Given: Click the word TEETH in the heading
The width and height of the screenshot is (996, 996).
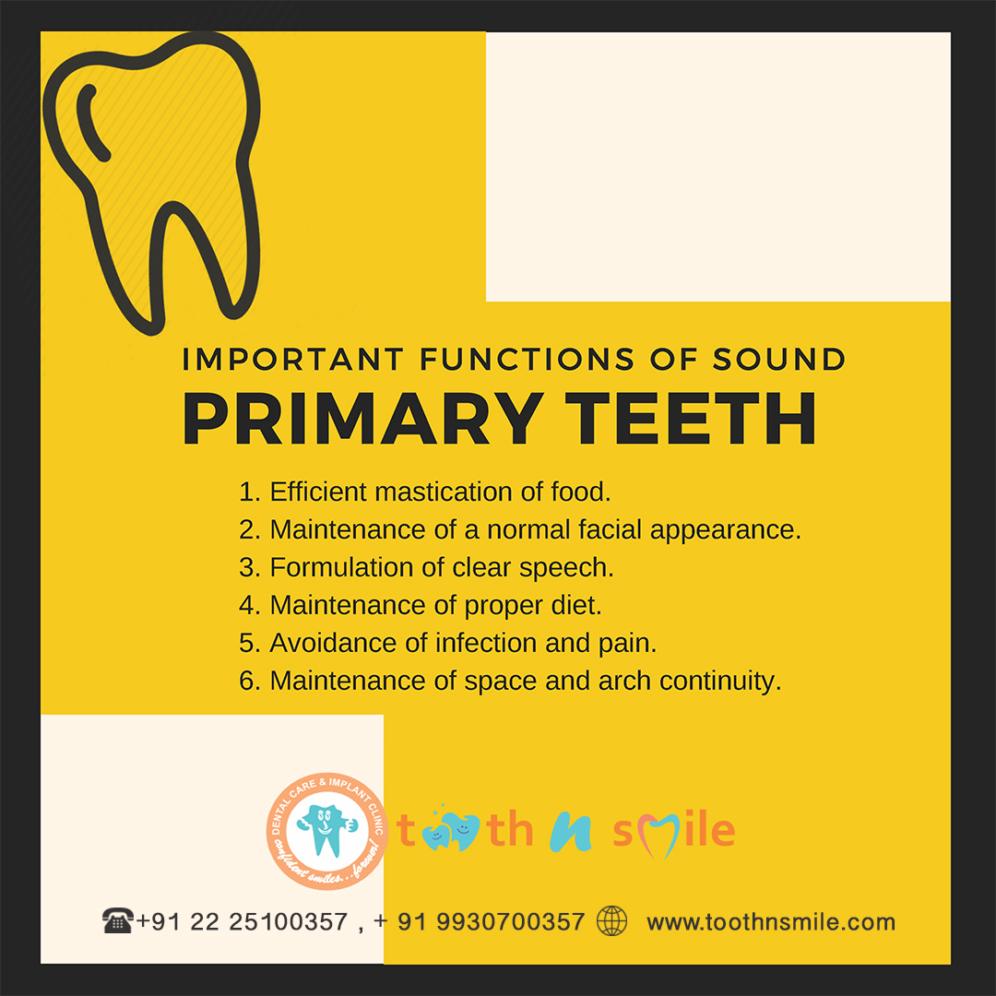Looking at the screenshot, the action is (x=690, y=419).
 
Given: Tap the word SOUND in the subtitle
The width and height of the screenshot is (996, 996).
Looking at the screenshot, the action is (x=778, y=359).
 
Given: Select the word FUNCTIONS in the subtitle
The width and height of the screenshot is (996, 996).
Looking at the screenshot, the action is (x=527, y=359).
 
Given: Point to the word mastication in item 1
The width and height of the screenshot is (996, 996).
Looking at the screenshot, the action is (x=444, y=492).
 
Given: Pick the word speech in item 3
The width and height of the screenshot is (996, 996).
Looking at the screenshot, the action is (x=566, y=568).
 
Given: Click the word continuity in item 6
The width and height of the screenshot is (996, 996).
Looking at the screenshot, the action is (x=719, y=682).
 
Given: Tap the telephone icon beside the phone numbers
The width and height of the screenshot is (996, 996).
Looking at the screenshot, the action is (x=117, y=920).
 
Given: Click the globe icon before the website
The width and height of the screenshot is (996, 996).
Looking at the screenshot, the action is (x=611, y=921).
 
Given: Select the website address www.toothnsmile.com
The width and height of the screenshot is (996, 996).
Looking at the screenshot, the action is (x=770, y=921).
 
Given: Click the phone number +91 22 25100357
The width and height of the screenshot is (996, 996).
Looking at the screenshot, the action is (x=242, y=921).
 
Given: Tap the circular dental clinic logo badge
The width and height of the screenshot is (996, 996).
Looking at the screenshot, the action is (x=327, y=831).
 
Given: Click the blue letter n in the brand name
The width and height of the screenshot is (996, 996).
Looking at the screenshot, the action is (x=571, y=832).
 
